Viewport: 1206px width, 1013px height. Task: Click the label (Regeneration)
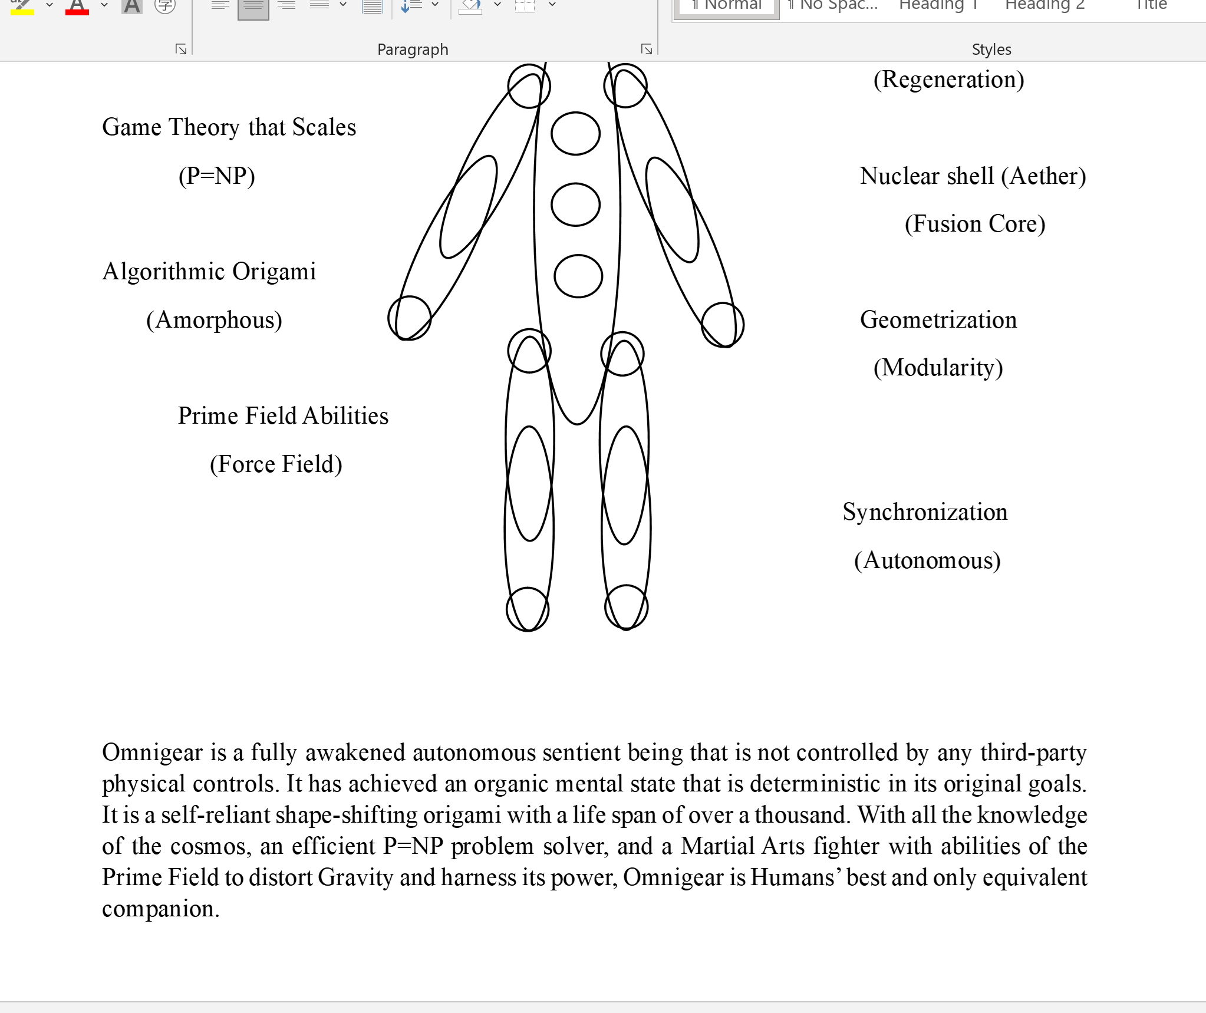[x=948, y=80]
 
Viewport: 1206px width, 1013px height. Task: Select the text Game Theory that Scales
[x=229, y=128]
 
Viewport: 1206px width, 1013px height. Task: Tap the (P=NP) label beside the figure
[x=216, y=176]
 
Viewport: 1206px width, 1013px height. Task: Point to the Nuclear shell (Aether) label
[x=973, y=176]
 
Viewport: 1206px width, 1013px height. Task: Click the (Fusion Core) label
[x=975, y=225]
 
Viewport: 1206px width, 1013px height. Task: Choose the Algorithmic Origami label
[x=209, y=272]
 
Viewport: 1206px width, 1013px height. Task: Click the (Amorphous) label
[x=214, y=321]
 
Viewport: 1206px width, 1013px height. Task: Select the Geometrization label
[x=938, y=320]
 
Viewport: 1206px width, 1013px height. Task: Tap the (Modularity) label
[x=938, y=368]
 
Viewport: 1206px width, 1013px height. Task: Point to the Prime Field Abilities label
[x=283, y=416]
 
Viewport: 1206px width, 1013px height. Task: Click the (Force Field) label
[x=276, y=464]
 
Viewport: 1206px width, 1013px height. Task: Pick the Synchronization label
[x=925, y=512]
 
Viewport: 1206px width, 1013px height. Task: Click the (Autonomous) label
[x=927, y=560]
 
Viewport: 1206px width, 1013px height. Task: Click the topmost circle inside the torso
[x=575, y=134]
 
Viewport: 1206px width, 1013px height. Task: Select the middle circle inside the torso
[x=575, y=204]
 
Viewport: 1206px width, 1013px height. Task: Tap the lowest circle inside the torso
[x=578, y=276]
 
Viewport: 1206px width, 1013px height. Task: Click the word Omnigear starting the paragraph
[x=152, y=753]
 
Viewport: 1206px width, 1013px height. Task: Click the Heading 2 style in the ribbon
[x=1044, y=5]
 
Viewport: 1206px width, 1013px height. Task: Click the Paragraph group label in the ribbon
[x=413, y=50]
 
